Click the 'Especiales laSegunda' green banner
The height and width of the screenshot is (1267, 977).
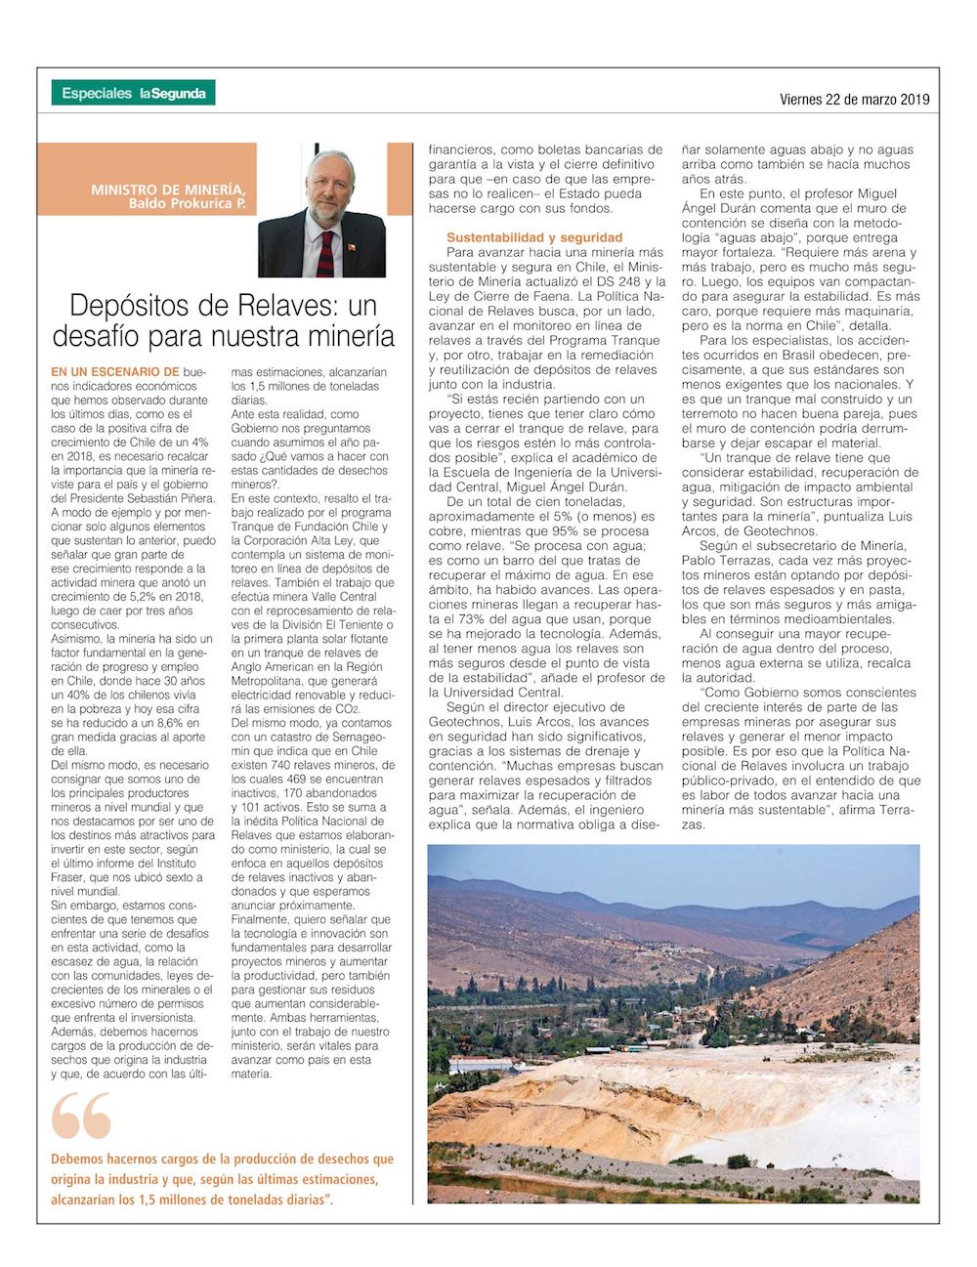click(133, 93)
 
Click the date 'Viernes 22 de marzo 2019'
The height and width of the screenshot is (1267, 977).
click(854, 99)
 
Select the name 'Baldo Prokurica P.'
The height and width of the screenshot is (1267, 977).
click(187, 204)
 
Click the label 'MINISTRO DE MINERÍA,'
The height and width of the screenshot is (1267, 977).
click(168, 190)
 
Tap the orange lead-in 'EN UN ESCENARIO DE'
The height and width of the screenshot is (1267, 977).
click(115, 372)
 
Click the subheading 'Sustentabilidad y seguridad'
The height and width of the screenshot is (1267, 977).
click(534, 237)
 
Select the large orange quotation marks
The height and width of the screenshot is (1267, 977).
click(81, 1116)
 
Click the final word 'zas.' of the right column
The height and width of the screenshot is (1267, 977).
click(693, 824)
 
